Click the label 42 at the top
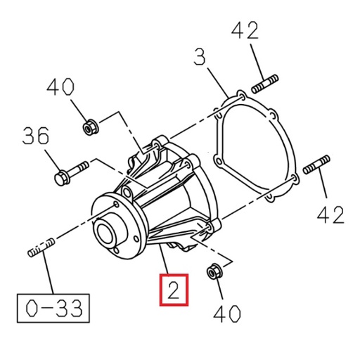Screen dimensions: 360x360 pos(244,31)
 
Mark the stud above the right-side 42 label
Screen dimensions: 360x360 pos(316,166)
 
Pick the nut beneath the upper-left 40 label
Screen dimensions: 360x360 pos(90,127)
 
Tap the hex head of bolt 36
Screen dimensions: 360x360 pos(60,179)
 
